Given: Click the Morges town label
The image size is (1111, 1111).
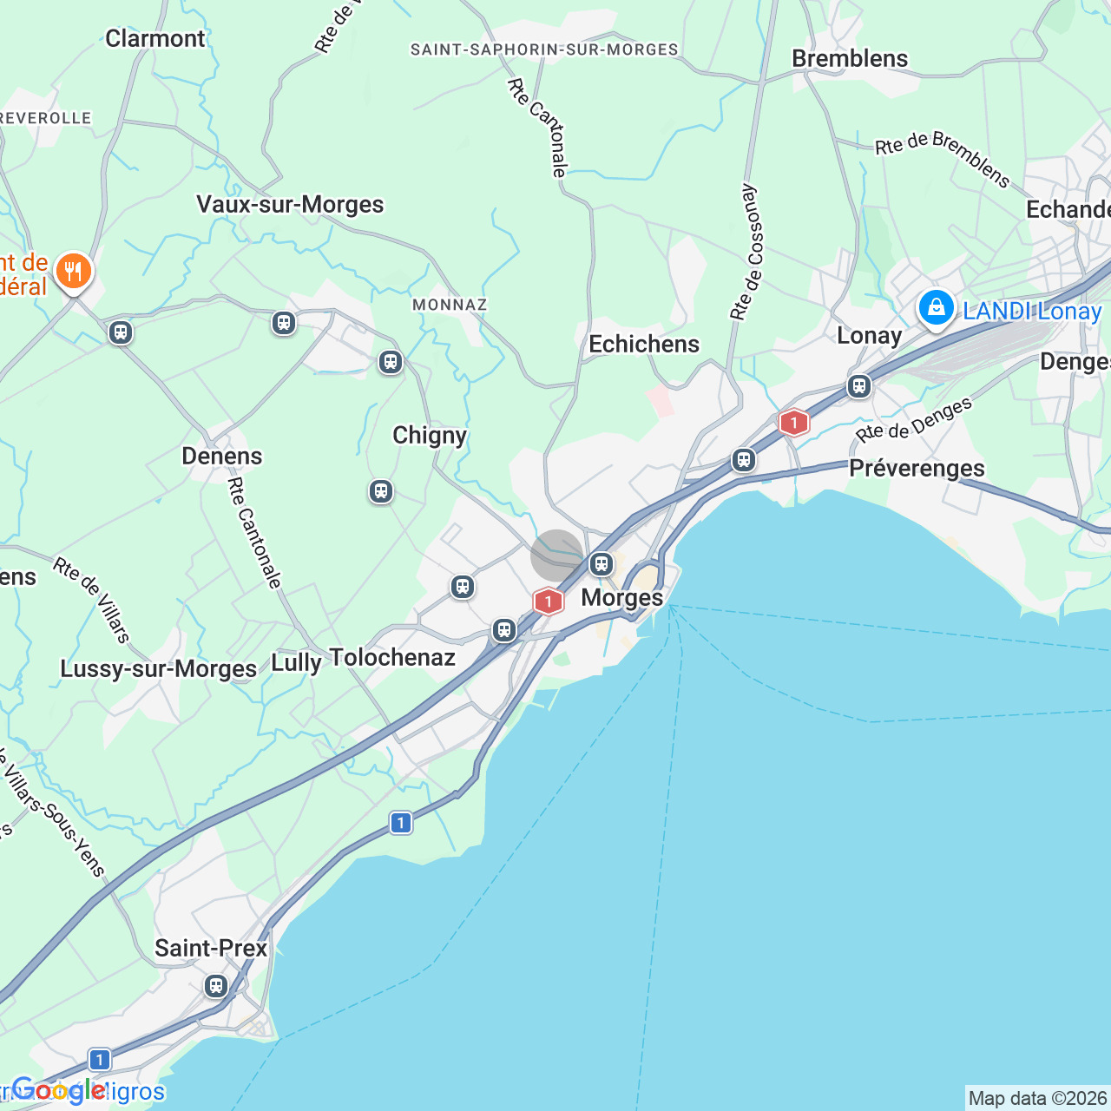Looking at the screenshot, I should [x=621, y=597].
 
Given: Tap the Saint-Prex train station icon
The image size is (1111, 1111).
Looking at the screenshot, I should [x=216, y=986].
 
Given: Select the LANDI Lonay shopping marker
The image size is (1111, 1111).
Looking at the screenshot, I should [x=937, y=307].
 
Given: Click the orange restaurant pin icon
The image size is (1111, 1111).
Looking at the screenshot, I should [x=74, y=272].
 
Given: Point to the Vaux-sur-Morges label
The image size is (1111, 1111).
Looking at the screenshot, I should [x=290, y=204].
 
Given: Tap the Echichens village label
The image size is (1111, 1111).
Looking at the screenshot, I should [x=644, y=344].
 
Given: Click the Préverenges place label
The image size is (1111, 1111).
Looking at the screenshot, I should [x=917, y=468].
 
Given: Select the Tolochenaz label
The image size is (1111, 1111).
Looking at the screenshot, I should [x=392, y=657].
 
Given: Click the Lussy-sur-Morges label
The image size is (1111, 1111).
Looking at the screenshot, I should [x=159, y=668].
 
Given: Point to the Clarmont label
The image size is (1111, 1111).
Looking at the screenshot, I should [x=155, y=38].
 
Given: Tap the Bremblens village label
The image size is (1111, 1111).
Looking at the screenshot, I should [x=850, y=58].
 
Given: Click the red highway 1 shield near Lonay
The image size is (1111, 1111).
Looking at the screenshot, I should [x=793, y=423].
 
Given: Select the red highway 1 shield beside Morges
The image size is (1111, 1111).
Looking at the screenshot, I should [x=548, y=601].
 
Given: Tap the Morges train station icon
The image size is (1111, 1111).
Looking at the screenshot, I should [x=602, y=564].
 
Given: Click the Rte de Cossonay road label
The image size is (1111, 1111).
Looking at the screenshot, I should [x=746, y=252].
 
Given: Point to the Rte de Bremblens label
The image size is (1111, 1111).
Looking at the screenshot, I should [x=943, y=158].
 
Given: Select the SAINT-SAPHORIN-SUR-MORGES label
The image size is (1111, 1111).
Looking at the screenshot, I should [x=544, y=49].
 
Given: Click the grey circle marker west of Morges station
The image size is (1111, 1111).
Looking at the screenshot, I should [x=556, y=555].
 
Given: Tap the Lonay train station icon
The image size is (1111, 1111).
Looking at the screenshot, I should [x=859, y=386].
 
